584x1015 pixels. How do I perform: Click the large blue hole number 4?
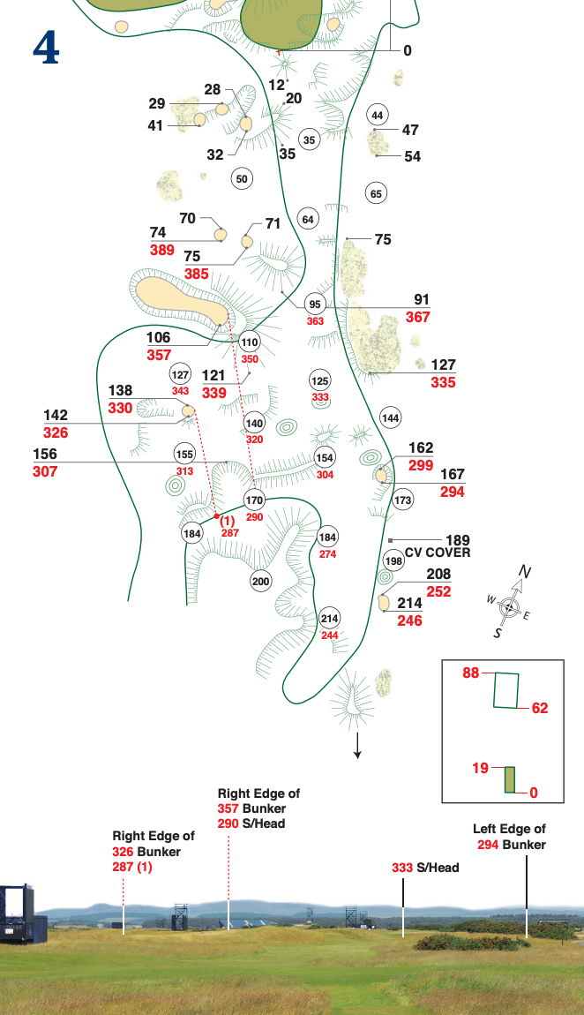click(x=46, y=49)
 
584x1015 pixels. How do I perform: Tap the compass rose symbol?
click(x=508, y=606)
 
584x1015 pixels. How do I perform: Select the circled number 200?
click(x=260, y=582)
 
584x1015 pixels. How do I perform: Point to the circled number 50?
click(x=242, y=179)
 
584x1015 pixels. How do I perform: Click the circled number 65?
click(x=377, y=194)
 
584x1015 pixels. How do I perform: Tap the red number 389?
click(x=162, y=251)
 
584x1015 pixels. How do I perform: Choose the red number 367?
click(x=418, y=317)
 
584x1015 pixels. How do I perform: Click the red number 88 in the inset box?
click(x=470, y=673)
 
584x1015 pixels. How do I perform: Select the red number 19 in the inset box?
click(x=480, y=769)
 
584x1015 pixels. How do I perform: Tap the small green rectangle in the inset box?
click(x=509, y=779)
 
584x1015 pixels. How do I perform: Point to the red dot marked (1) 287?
click(x=216, y=515)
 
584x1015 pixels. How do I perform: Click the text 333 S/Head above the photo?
click(x=425, y=868)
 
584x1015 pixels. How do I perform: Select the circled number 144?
click(x=390, y=417)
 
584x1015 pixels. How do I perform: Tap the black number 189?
click(x=458, y=540)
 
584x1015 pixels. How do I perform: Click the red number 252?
click(x=438, y=591)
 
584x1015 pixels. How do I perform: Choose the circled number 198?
click(x=393, y=561)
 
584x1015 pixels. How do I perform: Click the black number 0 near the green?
click(x=408, y=50)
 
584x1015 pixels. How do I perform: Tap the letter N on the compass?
click(x=524, y=573)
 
